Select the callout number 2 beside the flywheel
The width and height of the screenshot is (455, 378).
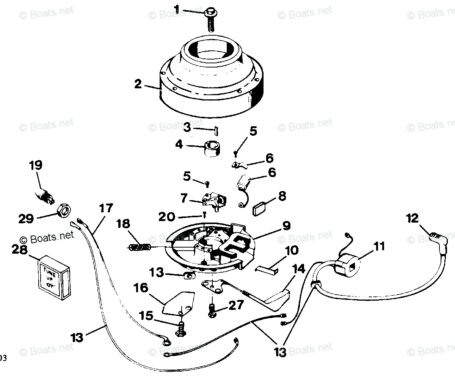point(138,84)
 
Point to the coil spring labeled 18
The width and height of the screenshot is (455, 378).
point(140,247)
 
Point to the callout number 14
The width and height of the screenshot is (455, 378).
point(299,269)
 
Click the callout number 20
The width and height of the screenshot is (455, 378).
point(167,217)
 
